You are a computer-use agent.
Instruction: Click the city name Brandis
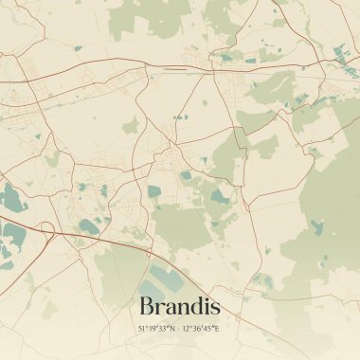(x=179, y=306)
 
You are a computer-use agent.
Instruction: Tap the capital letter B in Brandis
(x=146, y=306)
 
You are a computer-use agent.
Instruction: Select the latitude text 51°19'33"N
(x=157, y=328)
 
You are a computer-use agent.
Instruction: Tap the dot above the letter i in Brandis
(x=206, y=297)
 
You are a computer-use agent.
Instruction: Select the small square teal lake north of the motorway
(x=153, y=191)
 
